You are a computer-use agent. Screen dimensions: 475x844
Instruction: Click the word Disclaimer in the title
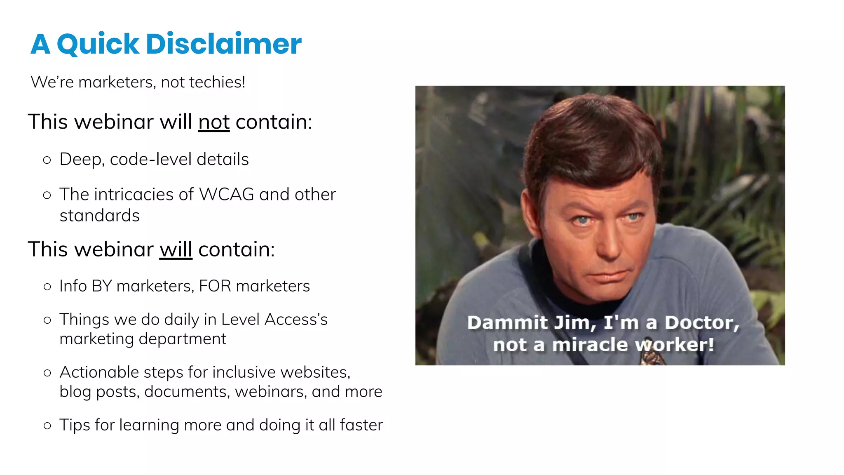point(224,44)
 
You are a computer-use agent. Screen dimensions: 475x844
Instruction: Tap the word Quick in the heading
point(98,45)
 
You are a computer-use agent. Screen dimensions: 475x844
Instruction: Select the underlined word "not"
point(214,122)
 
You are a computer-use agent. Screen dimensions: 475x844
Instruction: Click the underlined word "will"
point(176,249)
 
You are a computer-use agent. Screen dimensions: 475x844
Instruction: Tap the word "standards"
point(100,216)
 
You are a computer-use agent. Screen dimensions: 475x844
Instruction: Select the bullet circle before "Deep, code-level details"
point(47,160)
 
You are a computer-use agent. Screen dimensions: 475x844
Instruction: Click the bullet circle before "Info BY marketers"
point(47,287)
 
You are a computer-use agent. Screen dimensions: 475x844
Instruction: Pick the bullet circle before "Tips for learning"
point(47,426)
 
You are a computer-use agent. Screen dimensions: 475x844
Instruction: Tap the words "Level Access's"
point(274,320)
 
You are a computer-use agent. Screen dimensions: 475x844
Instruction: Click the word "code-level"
point(151,160)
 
